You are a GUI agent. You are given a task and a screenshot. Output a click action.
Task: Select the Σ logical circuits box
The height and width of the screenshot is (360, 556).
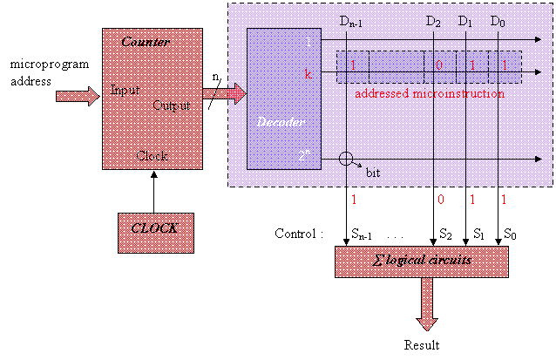[422, 262]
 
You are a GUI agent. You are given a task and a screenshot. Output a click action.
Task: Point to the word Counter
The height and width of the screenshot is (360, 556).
[146, 43]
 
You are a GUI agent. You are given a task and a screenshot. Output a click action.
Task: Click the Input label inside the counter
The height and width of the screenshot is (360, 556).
[123, 91]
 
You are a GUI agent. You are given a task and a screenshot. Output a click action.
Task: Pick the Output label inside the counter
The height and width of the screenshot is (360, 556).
[172, 105]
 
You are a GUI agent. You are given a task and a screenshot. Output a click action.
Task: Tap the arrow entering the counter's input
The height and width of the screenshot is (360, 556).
[78, 96]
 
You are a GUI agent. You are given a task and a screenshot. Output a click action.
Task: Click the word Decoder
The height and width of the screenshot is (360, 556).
[280, 122]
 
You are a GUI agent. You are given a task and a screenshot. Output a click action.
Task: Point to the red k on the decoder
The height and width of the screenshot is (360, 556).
[308, 75]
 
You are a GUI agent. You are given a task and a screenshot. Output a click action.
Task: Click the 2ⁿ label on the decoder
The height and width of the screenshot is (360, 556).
[302, 157]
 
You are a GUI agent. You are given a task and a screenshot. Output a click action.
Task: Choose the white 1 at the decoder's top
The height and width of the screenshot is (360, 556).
[308, 42]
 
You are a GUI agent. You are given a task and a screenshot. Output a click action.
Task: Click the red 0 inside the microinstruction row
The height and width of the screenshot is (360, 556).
[441, 65]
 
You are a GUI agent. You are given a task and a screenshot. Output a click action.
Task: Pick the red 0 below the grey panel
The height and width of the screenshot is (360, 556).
[441, 200]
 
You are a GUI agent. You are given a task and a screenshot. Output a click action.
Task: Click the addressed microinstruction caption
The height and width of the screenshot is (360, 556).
[427, 92]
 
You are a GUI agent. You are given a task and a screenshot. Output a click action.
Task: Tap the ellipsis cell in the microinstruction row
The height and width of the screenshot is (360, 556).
[386, 65]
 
